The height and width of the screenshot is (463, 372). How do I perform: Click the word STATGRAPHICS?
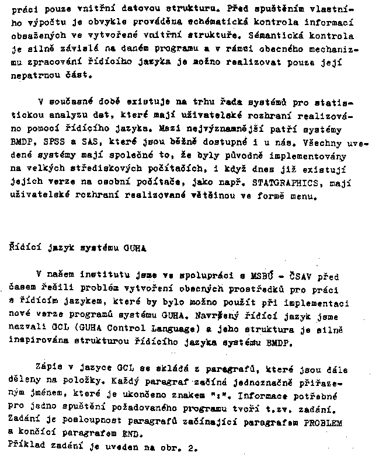[x=274, y=182]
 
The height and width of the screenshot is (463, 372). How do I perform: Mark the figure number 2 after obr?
[x=190, y=448]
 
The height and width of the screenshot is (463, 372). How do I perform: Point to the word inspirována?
[x=37, y=343]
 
